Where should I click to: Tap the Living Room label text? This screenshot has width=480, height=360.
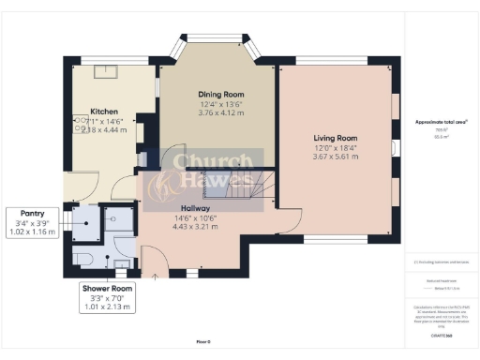tap(336, 138)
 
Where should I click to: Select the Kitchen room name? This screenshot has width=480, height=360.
tap(103, 110)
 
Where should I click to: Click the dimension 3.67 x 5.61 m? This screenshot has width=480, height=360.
tap(336, 158)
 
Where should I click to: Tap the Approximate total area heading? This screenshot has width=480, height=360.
tap(441, 123)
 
